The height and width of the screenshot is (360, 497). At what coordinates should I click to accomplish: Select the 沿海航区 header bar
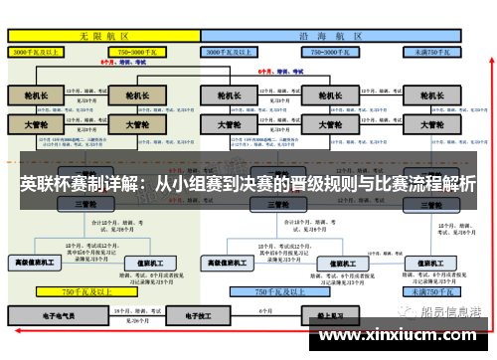pos(331,34)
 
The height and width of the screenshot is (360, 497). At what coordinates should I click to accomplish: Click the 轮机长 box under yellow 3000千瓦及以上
pos(36,96)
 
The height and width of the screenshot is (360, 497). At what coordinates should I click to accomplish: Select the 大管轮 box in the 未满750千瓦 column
pos(430,125)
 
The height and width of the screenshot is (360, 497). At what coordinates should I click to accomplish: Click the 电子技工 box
pos(185,313)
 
